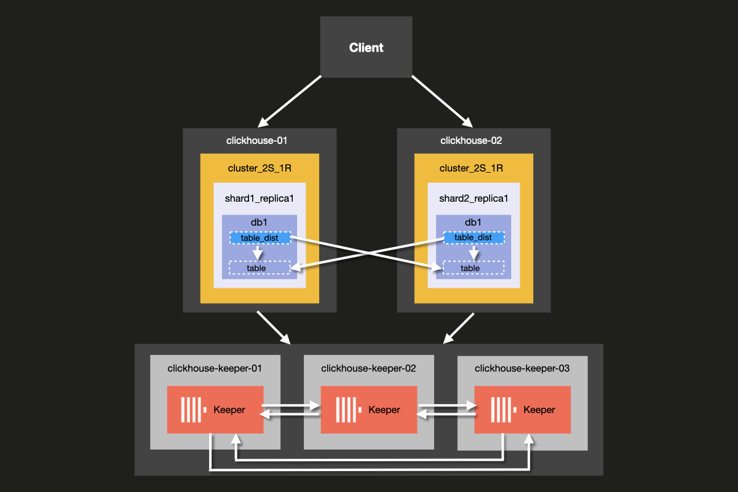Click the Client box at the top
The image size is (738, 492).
[x=366, y=48]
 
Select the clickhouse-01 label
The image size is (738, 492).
[x=257, y=141]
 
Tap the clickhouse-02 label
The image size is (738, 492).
[x=471, y=141]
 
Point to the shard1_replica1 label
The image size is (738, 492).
[x=259, y=198]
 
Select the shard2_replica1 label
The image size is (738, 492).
[x=473, y=198]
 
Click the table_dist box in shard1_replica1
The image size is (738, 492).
[x=259, y=237]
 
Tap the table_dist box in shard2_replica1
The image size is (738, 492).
[x=473, y=237]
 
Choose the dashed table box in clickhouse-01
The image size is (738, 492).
[x=259, y=268]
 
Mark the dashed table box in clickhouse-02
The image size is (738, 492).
[x=473, y=268]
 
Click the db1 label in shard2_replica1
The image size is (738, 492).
[x=473, y=223]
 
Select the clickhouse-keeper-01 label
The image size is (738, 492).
[x=215, y=369]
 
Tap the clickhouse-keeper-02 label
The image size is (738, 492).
[x=368, y=369]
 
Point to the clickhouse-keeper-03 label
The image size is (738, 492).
[x=522, y=369]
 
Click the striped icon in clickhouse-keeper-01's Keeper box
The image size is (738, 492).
[x=191, y=410]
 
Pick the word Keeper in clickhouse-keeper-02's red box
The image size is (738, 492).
[x=384, y=410]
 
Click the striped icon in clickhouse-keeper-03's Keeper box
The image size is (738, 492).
[x=502, y=410]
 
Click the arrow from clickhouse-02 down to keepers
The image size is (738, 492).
[x=459, y=328]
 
